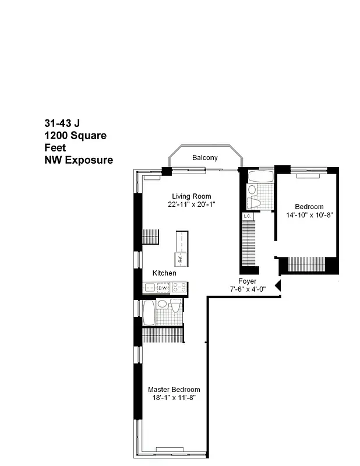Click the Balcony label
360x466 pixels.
tap(204, 158)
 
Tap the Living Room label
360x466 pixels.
tap(191, 196)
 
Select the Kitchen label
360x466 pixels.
tap(164, 273)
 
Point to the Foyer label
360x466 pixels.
tap(247, 281)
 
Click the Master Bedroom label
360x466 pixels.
tap(174, 390)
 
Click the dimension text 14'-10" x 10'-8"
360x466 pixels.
tap(309, 215)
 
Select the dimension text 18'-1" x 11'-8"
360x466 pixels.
tap(174, 398)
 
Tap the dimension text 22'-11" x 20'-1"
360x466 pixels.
tap(191, 204)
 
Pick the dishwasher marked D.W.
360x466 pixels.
tap(163, 288)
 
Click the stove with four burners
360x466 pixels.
tap(179, 287)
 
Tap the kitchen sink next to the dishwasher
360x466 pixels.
tap(150, 288)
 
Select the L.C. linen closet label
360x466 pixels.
tap(247, 216)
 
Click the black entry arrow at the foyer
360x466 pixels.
tap(278, 285)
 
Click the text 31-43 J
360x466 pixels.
tap(62, 123)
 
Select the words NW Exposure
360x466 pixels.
tap(79, 160)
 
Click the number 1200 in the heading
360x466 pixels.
tap(57, 136)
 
